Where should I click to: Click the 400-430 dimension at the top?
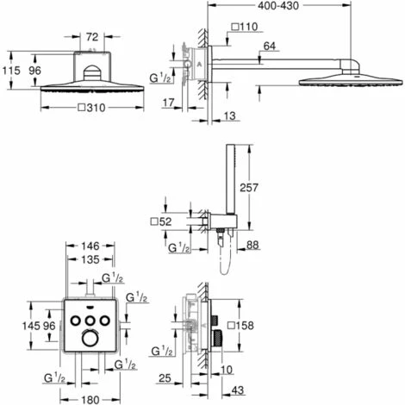(x=278, y=6)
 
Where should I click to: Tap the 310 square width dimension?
(x=92, y=108)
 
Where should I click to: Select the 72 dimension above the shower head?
(x=92, y=37)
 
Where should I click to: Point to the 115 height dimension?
(x=11, y=71)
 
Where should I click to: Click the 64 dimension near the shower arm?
(x=269, y=46)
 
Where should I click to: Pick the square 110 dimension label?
(x=245, y=27)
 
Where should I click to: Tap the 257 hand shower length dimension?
(x=249, y=188)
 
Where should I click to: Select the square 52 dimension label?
(x=161, y=221)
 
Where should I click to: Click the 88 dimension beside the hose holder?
(x=252, y=245)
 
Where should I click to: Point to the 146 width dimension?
(x=90, y=246)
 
